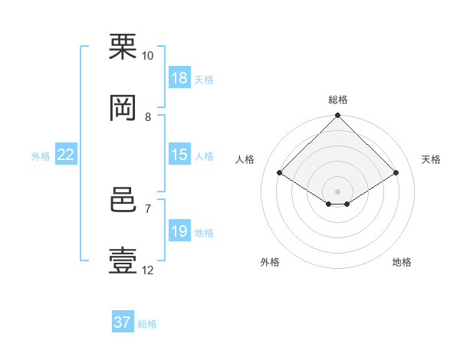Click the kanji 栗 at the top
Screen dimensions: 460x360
click(123, 47)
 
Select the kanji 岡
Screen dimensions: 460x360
click(123, 108)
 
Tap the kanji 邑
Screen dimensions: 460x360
click(123, 200)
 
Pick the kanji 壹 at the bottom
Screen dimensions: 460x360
click(123, 260)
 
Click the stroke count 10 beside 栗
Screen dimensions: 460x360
click(147, 56)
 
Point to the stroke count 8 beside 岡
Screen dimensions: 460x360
click(148, 117)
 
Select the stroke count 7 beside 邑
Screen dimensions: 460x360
click(148, 209)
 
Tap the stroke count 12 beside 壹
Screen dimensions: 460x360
click(147, 270)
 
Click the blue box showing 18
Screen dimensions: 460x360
click(179, 77)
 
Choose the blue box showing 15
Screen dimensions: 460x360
click(179, 154)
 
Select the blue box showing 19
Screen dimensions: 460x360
click(179, 230)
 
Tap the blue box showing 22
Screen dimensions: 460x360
click(66, 154)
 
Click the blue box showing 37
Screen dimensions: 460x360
click(123, 321)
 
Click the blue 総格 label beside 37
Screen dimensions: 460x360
click(147, 324)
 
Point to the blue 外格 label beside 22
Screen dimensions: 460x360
click(41, 156)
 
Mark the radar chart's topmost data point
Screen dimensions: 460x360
click(337, 115)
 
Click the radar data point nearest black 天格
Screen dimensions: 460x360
click(396, 172)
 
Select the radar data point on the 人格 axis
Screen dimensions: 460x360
click(280, 172)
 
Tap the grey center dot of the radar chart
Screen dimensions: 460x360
click(337, 191)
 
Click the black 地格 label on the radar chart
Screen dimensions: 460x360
click(402, 262)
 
